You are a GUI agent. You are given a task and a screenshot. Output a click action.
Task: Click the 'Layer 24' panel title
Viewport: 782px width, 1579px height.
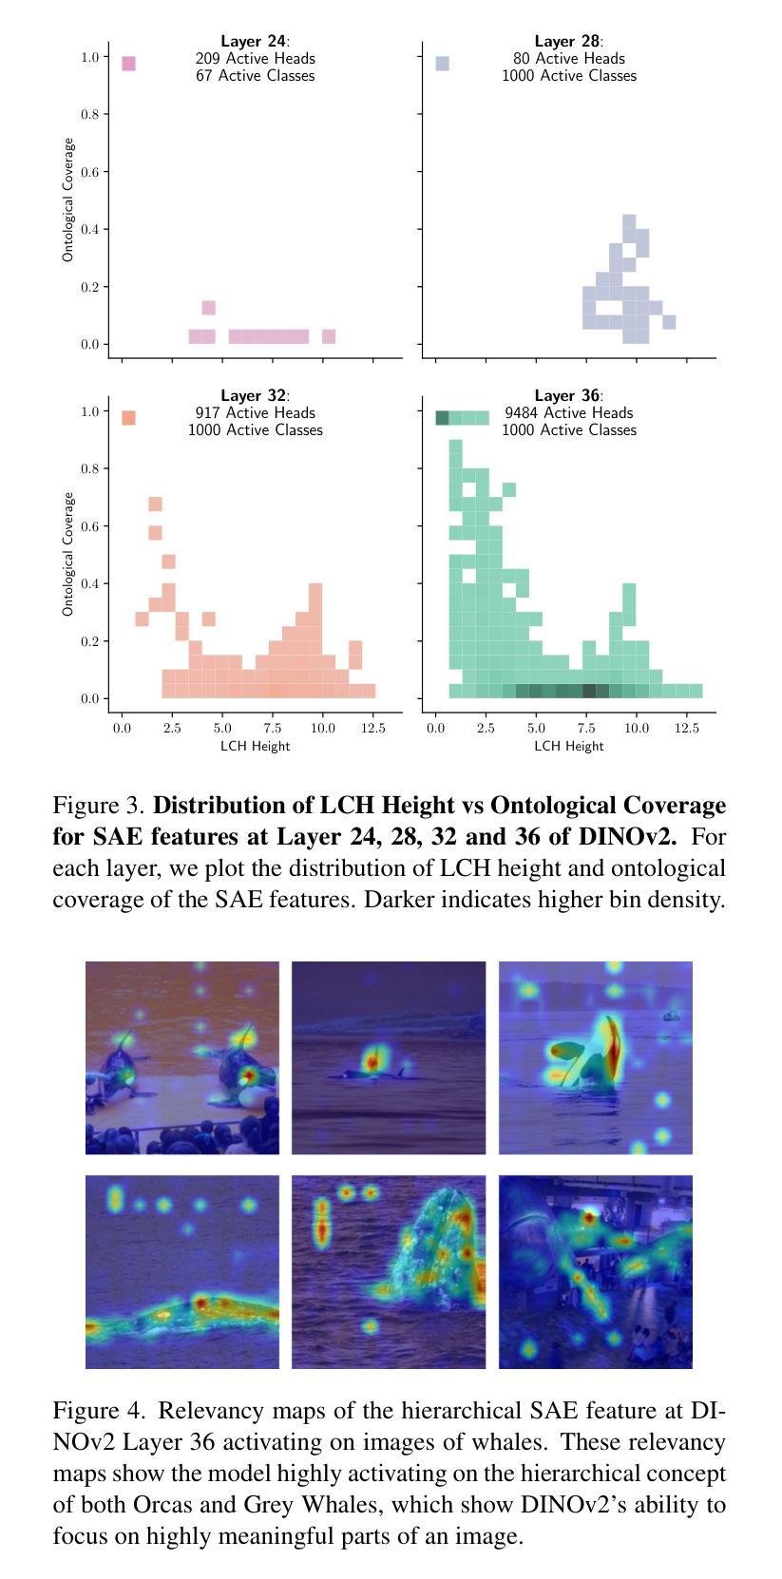(253, 41)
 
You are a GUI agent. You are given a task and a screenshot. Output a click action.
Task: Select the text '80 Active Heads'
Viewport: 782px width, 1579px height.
(568, 58)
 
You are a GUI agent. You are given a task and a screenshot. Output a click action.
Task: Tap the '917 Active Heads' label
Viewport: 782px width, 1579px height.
(255, 412)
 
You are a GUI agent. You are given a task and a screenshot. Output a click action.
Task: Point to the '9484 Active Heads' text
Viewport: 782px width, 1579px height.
(568, 412)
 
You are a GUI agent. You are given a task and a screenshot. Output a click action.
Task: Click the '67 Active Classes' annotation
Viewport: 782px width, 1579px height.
(255, 75)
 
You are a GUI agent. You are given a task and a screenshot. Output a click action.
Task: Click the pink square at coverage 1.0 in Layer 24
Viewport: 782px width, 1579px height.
(128, 64)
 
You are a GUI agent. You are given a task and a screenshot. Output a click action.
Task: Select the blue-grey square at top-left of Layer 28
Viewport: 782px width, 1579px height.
(442, 64)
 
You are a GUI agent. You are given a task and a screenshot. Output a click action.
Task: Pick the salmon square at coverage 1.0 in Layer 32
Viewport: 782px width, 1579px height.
(128, 418)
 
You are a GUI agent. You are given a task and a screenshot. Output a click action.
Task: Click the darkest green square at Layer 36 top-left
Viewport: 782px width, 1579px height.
(442, 418)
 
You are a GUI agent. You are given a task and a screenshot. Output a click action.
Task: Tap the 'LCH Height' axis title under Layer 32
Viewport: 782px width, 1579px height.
(255, 746)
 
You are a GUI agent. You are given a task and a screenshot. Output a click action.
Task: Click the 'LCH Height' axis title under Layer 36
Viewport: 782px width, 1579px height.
(568, 746)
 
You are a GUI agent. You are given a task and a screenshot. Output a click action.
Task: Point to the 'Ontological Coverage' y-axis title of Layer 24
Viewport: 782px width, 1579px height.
(68, 200)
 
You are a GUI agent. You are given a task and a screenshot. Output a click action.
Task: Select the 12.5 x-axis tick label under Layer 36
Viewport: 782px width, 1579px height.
(686, 729)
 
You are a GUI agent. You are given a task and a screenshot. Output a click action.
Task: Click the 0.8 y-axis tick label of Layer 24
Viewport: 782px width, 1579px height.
(90, 114)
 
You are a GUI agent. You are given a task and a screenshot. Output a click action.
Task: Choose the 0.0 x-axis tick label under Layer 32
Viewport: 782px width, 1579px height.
(122, 729)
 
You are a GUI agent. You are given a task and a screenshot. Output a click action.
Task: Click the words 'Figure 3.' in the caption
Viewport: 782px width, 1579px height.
(99, 806)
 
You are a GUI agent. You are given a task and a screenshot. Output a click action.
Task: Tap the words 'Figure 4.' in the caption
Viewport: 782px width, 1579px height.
(99, 1411)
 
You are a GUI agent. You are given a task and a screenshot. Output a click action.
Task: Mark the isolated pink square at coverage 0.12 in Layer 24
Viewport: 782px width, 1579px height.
(209, 308)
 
